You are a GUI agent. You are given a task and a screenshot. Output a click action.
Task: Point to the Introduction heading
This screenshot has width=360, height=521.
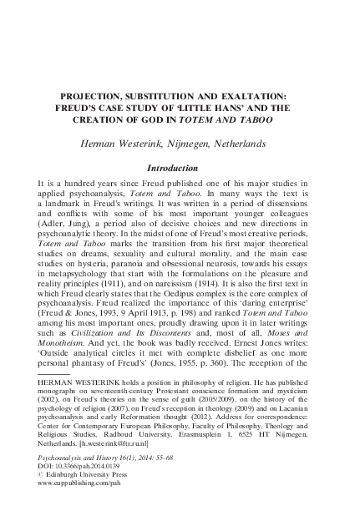[x=180, y=166]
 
